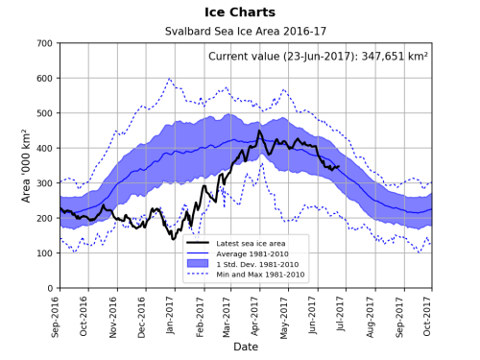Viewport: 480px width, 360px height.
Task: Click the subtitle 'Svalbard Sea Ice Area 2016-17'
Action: pyautogui.click(x=245, y=32)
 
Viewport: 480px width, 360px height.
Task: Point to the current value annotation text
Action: pyautogui.click(x=318, y=57)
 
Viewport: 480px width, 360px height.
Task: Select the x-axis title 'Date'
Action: pyautogui.click(x=245, y=347)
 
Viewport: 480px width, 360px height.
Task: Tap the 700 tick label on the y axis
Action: pyautogui.click(x=44, y=44)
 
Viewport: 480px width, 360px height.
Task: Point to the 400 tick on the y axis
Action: pyautogui.click(x=44, y=149)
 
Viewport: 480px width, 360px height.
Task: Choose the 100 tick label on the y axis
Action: pyautogui.click(x=44, y=253)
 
